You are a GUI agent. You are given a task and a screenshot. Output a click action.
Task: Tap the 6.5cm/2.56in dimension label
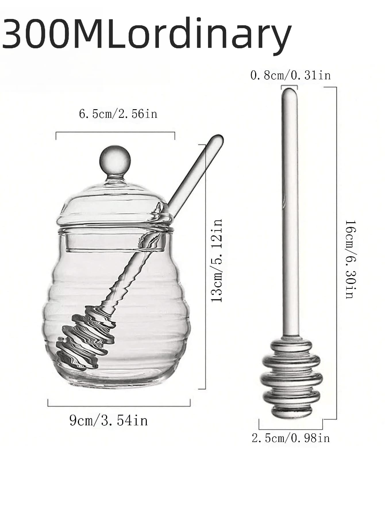pyautogui.click(x=118, y=114)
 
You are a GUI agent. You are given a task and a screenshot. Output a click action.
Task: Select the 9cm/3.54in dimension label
pyautogui.click(x=109, y=420)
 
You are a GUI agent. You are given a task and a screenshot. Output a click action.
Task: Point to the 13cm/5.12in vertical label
pyautogui.click(x=217, y=260)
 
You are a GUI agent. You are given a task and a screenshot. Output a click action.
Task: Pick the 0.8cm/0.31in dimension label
pyautogui.click(x=290, y=76)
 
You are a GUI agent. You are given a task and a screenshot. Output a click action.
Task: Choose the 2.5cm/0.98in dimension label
pyautogui.click(x=290, y=438)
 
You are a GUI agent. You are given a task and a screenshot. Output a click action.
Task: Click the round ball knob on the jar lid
pyautogui.click(x=115, y=160)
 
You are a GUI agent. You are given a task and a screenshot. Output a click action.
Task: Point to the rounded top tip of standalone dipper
pyautogui.click(x=289, y=93)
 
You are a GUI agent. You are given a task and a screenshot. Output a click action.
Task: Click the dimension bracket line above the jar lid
pyautogui.click(x=115, y=132)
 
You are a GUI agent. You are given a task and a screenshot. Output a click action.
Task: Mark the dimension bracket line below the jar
pyautogui.click(x=119, y=406)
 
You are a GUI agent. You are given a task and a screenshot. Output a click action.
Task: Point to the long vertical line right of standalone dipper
pyautogui.click(x=336, y=253)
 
